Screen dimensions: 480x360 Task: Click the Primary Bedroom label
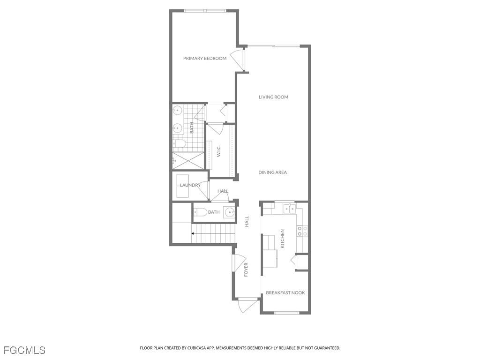205,58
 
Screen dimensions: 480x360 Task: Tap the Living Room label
273,97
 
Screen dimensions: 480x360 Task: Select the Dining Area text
272,172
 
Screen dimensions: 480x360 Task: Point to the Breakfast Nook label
285,292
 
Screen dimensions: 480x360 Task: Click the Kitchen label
283,239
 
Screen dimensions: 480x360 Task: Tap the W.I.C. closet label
219,151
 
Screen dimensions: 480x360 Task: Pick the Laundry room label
190,185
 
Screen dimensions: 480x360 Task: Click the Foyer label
246,270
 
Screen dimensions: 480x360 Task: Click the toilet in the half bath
200,212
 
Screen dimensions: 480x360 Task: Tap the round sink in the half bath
229,211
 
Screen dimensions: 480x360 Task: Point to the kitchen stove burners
302,231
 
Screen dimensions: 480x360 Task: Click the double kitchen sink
289,208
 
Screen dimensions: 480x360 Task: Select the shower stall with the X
188,160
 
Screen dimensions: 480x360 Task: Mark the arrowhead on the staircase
193,233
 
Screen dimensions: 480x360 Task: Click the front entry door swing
247,305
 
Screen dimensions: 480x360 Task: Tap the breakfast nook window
286,313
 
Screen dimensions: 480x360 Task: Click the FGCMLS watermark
24,350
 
